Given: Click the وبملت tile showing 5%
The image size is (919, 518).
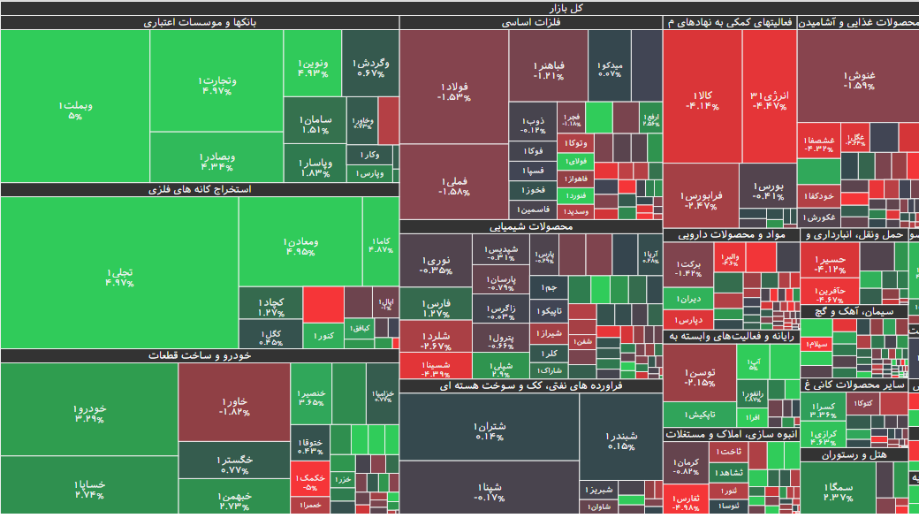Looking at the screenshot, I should tap(75, 110).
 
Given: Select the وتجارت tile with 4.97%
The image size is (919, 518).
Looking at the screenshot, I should tap(216, 85).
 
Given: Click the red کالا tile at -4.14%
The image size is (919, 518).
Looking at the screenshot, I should tap(702, 99).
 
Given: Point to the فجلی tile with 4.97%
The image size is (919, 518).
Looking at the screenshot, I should tap(119, 277).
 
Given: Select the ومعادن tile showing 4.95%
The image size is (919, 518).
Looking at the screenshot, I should tap(300, 246).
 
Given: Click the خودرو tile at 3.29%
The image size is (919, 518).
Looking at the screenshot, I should tap(89, 413).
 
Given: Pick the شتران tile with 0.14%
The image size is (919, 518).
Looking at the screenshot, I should tap(490, 430).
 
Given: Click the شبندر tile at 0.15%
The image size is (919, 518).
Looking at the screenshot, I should tap(620, 440).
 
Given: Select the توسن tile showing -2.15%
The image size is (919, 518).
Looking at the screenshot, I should tap(700, 377).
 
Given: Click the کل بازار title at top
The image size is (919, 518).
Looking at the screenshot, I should tap(459, 8).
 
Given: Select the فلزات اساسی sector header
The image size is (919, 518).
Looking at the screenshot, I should tap(531, 23).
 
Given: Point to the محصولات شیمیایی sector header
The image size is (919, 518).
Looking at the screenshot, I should tap(531, 227).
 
